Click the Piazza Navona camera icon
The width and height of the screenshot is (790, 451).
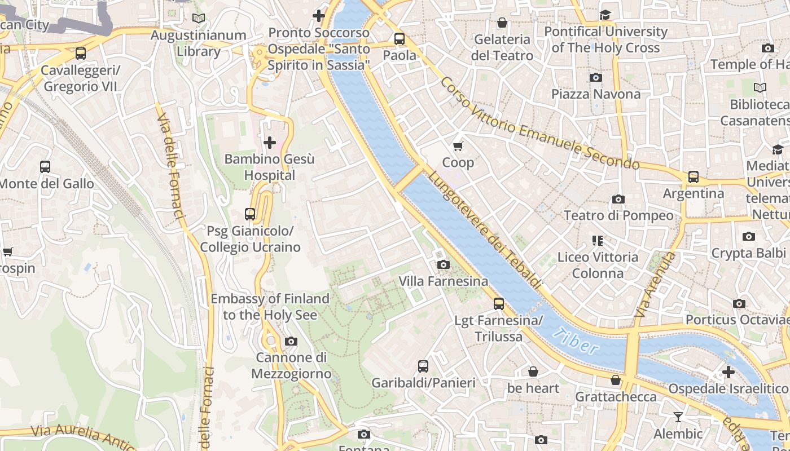pos(595,78)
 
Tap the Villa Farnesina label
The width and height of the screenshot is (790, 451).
pos(444,281)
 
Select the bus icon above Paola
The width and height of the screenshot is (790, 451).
pos(400,39)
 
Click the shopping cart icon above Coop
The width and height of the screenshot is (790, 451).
pos(458,146)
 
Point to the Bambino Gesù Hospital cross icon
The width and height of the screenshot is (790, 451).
pos(270,143)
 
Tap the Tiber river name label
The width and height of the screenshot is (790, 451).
pos(575,341)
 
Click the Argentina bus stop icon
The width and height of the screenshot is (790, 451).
pos(693,177)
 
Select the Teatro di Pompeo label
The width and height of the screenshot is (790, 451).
pos(618,215)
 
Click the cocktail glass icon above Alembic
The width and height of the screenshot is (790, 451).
pos(678,417)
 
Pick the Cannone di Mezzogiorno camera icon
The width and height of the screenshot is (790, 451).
pos(291,341)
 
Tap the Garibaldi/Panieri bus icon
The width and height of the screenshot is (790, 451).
pos(423,366)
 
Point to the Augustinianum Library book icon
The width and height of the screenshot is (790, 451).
pos(198,19)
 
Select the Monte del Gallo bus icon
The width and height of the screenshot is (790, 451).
pos(45,167)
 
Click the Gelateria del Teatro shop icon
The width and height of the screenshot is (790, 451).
pos(502,23)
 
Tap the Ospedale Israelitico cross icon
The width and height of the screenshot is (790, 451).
pos(728,372)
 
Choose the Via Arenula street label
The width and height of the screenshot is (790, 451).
pos(655,284)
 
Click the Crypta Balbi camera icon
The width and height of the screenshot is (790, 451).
pos(749,236)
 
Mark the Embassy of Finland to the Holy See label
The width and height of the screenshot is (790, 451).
pos(270,307)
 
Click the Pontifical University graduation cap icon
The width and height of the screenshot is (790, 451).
pos(605,15)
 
